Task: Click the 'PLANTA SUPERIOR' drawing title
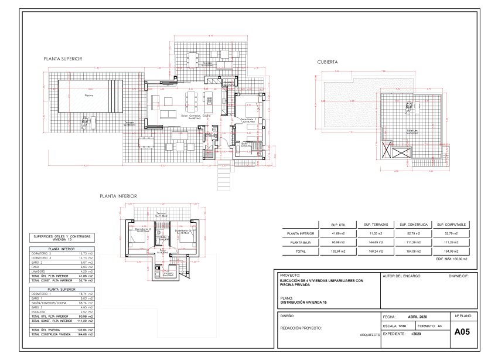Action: tap(62, 59)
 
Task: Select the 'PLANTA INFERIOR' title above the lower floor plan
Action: tap(118, 196)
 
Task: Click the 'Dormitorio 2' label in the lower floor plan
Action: tap(144, 230)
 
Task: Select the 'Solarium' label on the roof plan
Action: tap(412, 131)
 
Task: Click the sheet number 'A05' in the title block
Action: tap(462, 331)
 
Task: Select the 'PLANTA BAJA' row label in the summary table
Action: tap(299, 242)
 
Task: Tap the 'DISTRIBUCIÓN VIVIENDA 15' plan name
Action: tap(303, 302)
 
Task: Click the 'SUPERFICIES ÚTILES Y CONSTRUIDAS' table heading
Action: tap(62, 237)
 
